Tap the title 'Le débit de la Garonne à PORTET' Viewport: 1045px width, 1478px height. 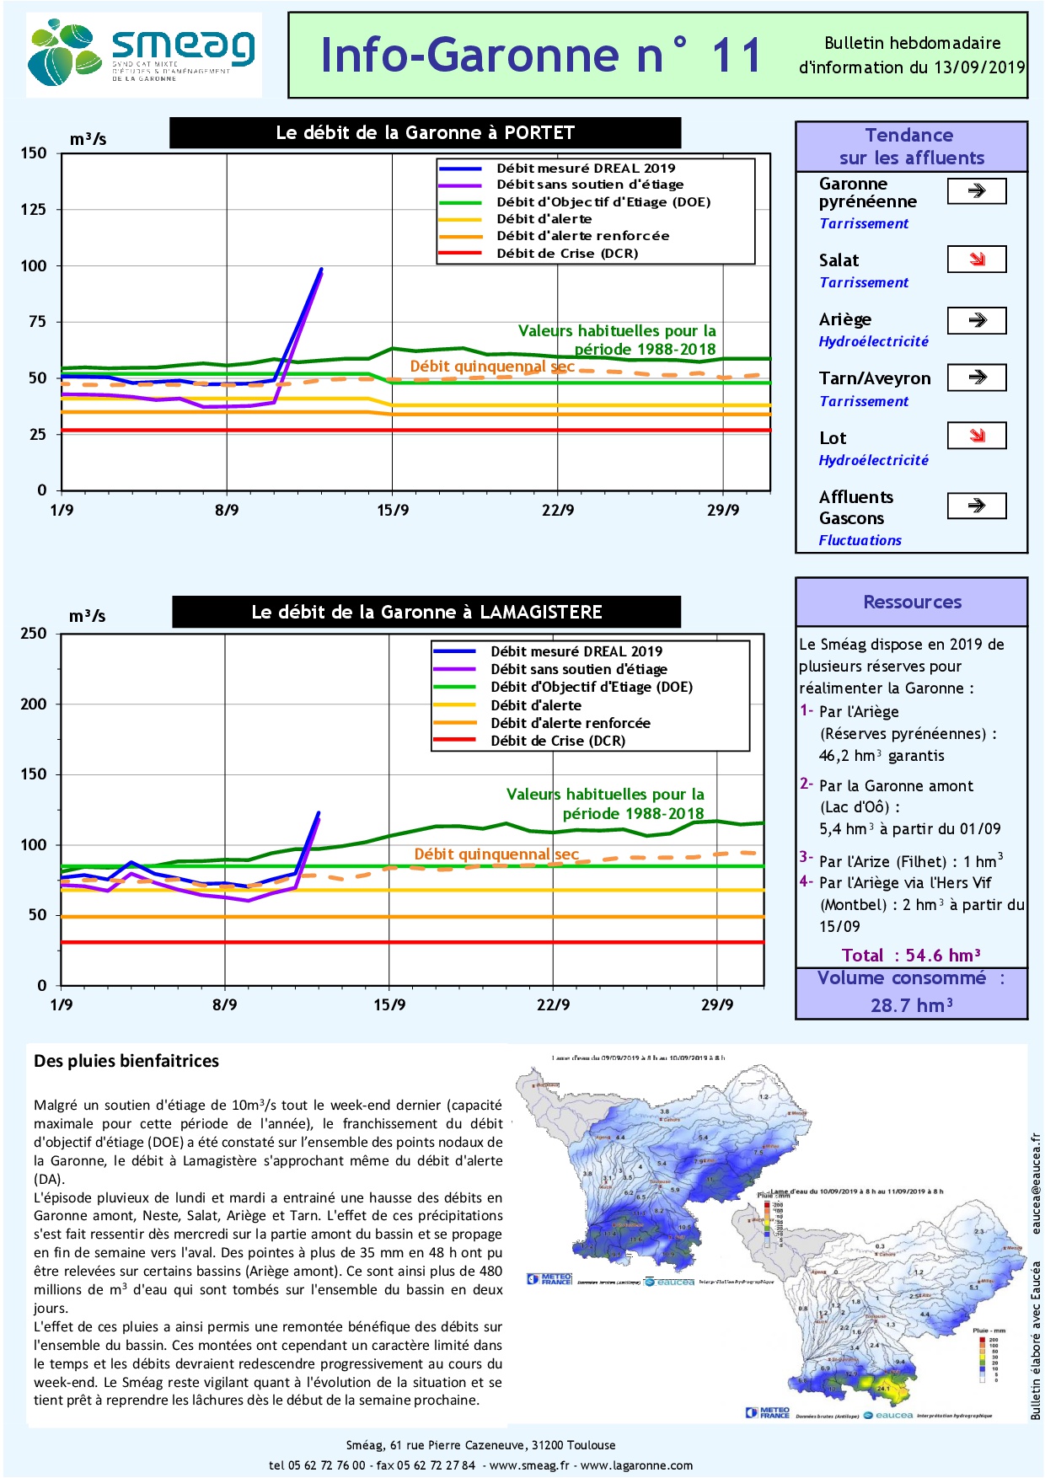(x=425, y=133)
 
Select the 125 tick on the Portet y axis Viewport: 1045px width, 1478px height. (x=34, y=209)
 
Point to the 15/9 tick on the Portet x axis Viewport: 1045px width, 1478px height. (x=393, y=510)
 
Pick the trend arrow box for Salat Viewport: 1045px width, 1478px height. (x=977, y=260)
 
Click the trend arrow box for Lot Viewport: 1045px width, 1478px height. (x=977, y=436)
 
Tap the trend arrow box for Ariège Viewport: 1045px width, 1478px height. (x=977, y=320)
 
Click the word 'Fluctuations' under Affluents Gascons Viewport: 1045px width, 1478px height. (x=860, y=540)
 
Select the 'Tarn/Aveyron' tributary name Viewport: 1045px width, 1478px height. (x=875, y=378)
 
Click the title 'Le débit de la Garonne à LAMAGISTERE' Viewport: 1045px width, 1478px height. (x=426, y=613)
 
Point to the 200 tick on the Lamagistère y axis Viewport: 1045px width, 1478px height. (x=34, y=704)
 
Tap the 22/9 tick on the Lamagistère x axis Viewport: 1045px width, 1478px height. (x=554, y=1004)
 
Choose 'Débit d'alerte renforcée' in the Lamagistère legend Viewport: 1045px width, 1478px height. (x=571, y=723)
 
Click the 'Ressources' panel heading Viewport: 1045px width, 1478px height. (x=912, y=602)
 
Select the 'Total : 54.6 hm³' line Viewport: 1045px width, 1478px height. (x=911, y=955)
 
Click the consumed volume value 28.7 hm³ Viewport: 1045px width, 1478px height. (x=911, y=1005)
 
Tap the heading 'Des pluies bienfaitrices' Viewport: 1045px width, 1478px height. (x=126, y=1061)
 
